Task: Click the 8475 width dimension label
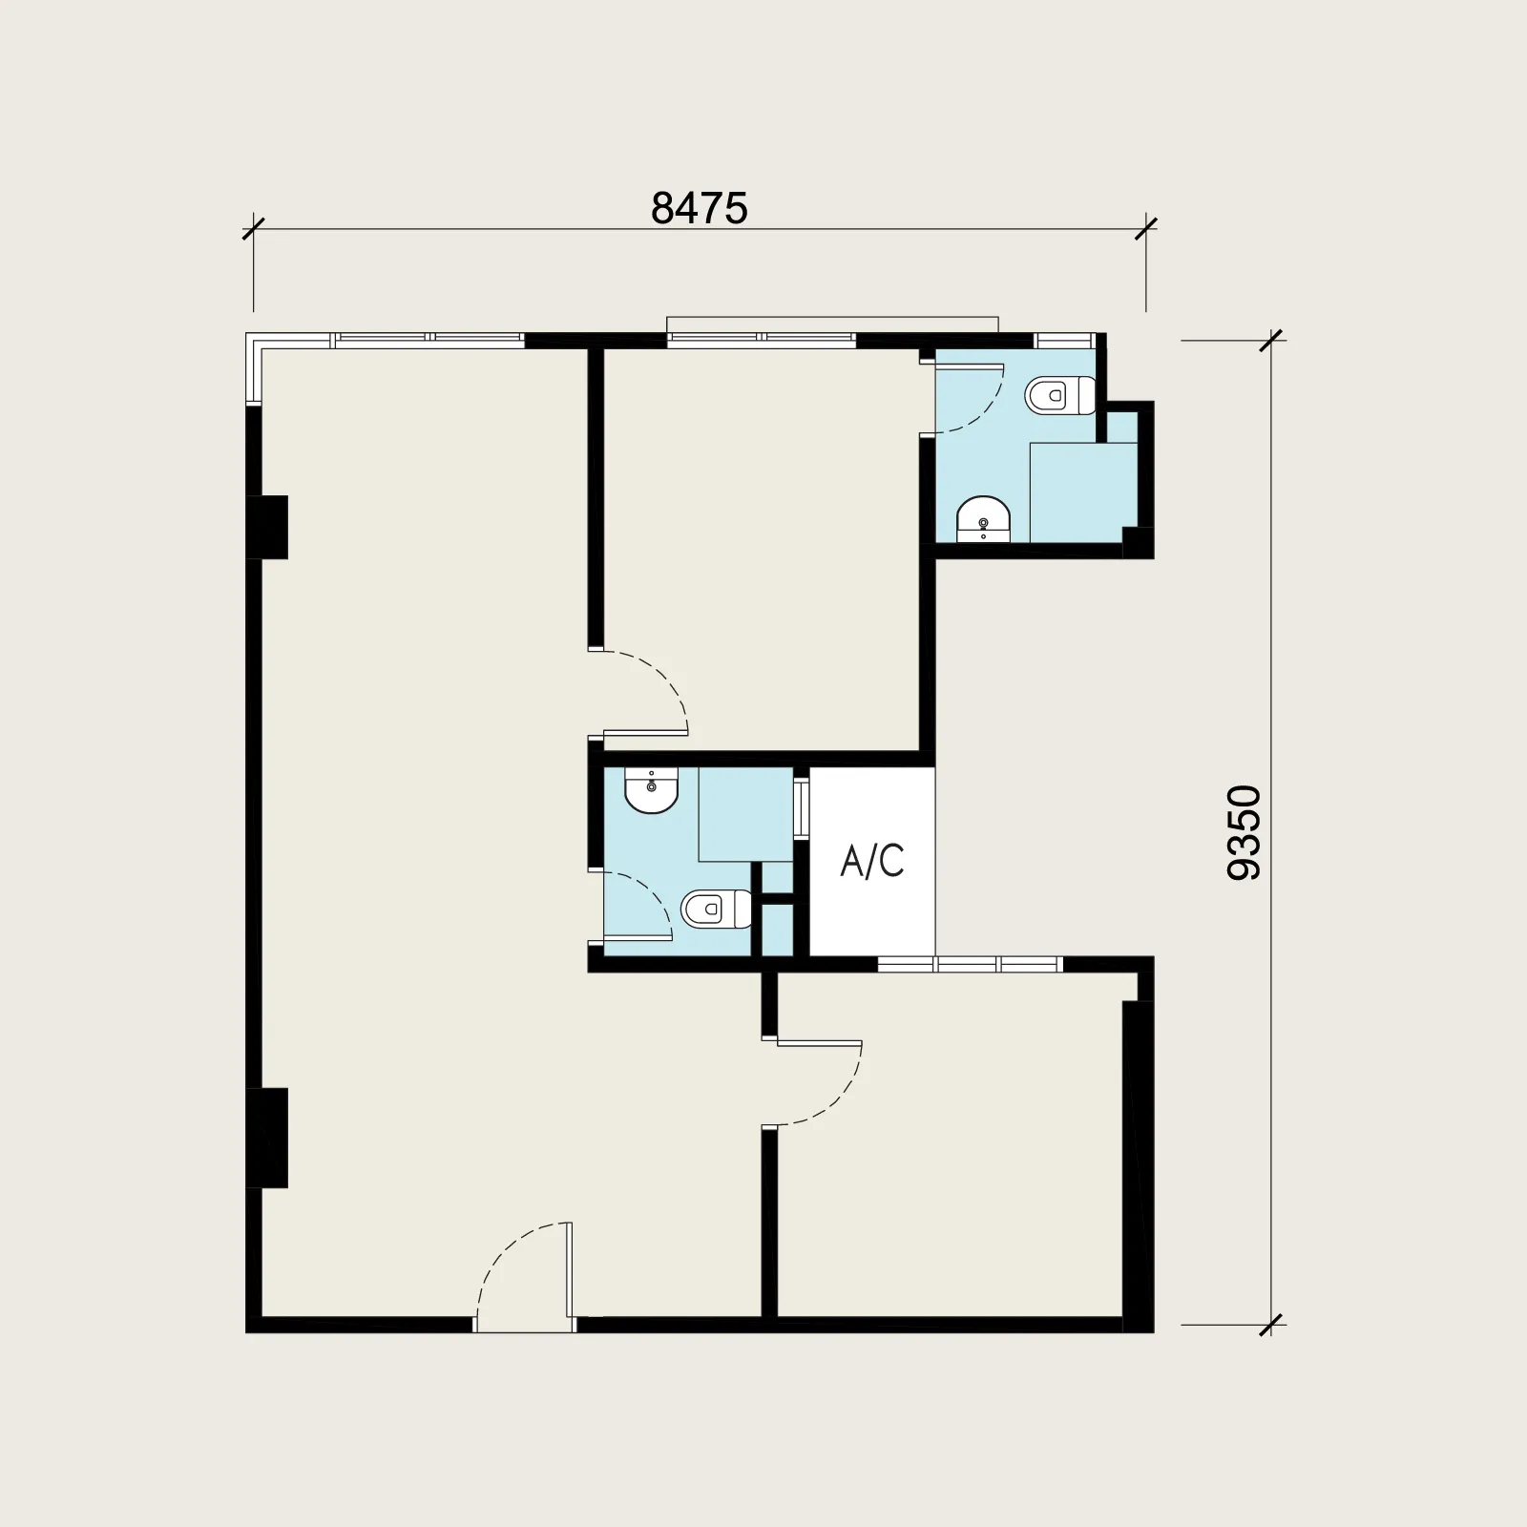pyautogui.click(x=700, y=208)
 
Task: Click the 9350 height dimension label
pyautogui.click(x=1245, y=832)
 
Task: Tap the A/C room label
pyautogui.click(x=872, y=861)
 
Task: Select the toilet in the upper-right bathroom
pyautogui.click(x=1060, y=395)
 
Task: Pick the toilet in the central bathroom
pyautogui.click(x=717, y=909)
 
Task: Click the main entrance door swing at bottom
pyautogui.click(x=523, y=1277)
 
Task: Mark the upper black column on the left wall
pyautogui.click(x=267, y=527)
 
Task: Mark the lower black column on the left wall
pyautogui.click(x=267, y=1138)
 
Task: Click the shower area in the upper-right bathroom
pyautogui.click(x=1083, y=492)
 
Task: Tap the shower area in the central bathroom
pyautogui.click(x=746, y=815)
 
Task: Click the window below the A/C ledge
pyautogui.click(x=970, y=964)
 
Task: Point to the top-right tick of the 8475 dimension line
pyautogui.click(x=1145, y=230)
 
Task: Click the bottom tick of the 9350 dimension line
pyautogui.click(x=1272, y=1325)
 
